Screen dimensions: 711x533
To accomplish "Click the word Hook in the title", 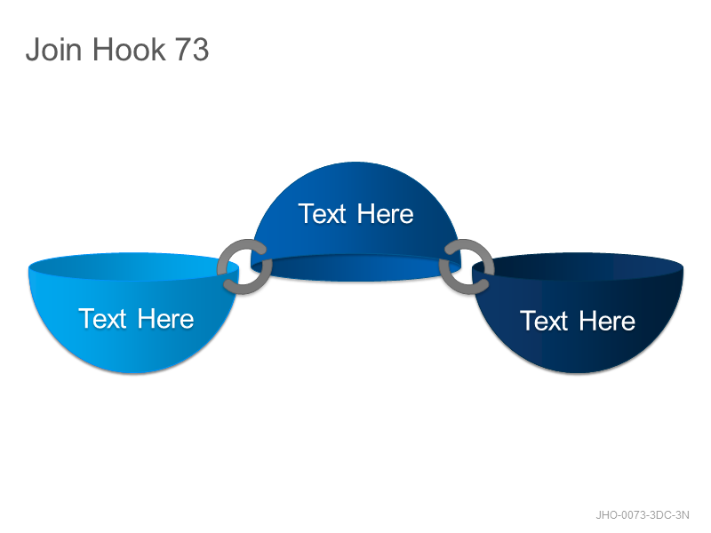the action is pyautogui.click(x=129, y=49).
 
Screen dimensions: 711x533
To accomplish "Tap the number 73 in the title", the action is pyautogui.click(x=192, y=49).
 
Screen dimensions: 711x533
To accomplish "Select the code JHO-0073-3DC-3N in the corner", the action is pyautogui.click(x=642, y=515).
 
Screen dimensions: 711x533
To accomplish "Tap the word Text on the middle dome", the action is pyautogui.click(x=323, y=213).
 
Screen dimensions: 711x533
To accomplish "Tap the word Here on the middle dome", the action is pyautogui.click(x=386, y=213).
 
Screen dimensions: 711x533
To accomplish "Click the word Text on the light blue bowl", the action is pyautogui.click(x=102, y=318).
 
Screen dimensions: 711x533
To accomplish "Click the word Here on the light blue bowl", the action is pyautogui.click(x=165, y=318).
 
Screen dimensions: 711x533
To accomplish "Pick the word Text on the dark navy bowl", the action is pyautogui.click(x=544, y=321).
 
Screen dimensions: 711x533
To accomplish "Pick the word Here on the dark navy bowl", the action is pyautogui.click(x=607, y=321).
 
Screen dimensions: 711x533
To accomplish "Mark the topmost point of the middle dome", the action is pyautogui.click(x=356, y=162).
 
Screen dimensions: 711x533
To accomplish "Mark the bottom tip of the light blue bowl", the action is pyautogui.click(x=133, y=373).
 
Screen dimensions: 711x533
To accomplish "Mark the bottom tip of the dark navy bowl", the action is pyautogui.click(x=578, y=373).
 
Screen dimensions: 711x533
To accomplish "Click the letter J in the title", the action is pyautogui.click(x=33, y=49).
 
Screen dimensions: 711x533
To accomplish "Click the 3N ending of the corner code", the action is pyautogui.click(x=682, y=515).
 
